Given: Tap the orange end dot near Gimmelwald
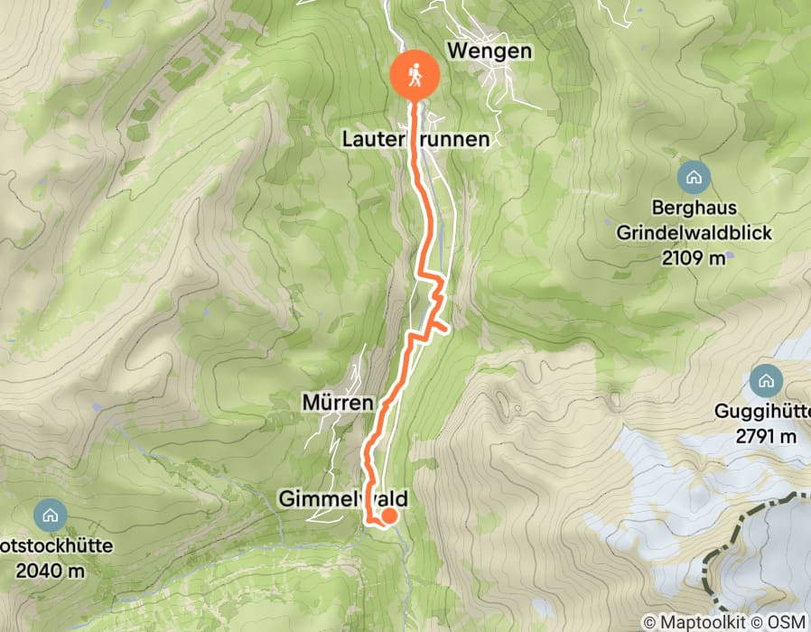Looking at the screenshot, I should (389, 516).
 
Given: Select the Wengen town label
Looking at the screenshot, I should (489, 51).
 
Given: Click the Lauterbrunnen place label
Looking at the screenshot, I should (415, 139).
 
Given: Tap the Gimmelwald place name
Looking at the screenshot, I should (343, 498).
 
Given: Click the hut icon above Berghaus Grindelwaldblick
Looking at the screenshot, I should (694, 176).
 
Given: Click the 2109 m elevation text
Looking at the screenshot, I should (694, 259).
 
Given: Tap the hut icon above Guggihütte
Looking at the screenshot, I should (767, 378).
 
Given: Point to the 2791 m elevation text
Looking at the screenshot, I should (767, 438).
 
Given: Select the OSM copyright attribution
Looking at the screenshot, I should (784, 621).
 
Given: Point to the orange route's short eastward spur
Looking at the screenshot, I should (440, 326).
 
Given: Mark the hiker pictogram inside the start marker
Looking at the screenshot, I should (415, 74).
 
